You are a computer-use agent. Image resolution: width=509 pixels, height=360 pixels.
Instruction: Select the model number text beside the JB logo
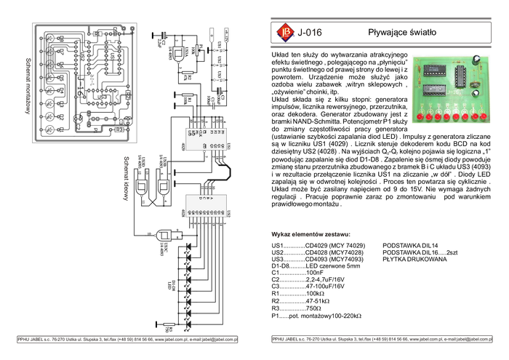pos(309,33)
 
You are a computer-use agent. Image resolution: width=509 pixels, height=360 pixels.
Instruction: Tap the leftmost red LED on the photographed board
pos(420,116)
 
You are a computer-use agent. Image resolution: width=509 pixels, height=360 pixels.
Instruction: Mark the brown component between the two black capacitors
pos(476,76)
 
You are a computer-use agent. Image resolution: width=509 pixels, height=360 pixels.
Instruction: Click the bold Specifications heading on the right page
pos(310,235)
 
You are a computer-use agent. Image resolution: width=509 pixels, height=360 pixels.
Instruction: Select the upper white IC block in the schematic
pos(205,138)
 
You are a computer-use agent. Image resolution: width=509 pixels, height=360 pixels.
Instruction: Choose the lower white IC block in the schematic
pos(205,205)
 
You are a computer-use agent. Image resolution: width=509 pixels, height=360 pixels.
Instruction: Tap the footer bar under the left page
pos(127,340)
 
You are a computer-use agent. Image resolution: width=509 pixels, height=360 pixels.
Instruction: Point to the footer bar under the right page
pos(380,340)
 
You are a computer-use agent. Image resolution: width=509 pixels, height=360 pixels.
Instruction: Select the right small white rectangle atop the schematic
pos(226,34)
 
